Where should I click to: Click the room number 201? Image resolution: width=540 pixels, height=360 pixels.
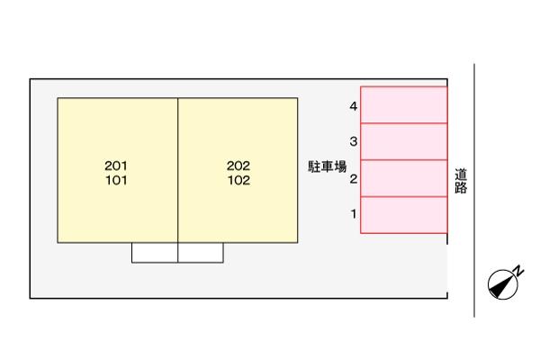click(x=116, y=166)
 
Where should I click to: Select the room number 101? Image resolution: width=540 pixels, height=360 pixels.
click(x=116, y=180)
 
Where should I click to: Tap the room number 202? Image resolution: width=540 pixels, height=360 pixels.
click(x=238, y=166)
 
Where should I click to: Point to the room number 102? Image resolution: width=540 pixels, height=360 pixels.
click(x=238, y=180)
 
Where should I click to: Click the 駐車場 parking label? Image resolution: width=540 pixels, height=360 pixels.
click(x=328, y=166)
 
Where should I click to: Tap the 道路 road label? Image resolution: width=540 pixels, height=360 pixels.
click(x=461, y=181)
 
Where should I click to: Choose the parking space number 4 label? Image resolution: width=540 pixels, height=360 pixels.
click(x=354, y=106)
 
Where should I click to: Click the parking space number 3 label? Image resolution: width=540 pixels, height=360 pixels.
click(x=354, y=141)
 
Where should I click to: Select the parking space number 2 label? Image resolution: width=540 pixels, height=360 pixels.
click(x=354, y=179)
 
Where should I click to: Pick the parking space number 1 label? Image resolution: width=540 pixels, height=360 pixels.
click(x=354, y=214)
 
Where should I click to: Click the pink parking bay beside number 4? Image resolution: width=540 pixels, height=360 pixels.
click(x=404, y=104)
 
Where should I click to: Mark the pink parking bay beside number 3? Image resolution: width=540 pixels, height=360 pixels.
click(x=404, y=141)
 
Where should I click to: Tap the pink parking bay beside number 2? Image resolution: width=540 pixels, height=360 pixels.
click(x=404, y=178)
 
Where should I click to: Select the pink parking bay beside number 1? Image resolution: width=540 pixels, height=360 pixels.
click(x=404, y=215)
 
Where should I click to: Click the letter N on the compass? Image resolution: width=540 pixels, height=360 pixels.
click(x=518, y=271)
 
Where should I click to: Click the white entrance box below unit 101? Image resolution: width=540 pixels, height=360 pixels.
click(x=155, y=253)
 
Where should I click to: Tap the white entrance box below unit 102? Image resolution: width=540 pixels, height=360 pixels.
click(x=201, y=253)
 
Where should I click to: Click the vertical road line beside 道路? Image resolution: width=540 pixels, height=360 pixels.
click(x=474, y=191)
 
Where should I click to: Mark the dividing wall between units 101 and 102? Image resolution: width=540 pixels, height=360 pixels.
click(x=177, y=170)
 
